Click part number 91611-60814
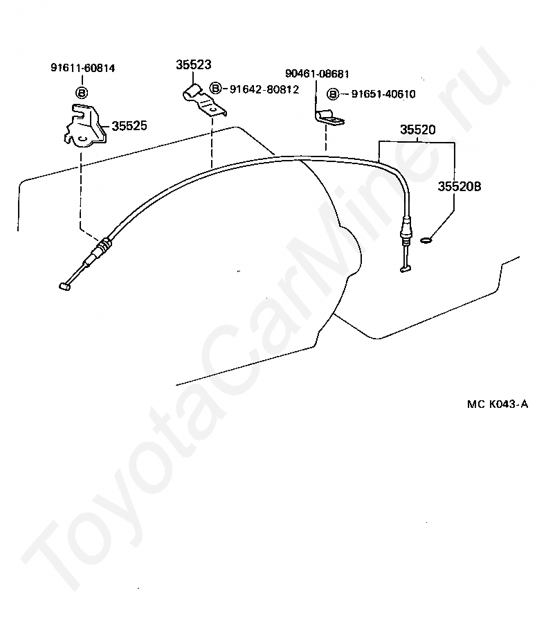[x=82, y=69]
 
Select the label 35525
[x=129, y=126]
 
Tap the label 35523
[x=193, y=64]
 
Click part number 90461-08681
[x=317, y=73]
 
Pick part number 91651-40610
[x=383, y=94]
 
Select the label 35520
[x=418, y=129]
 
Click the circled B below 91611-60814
[x=82, y=92]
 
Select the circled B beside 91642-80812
[x=215, y=89]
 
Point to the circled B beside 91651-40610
[x=333, y=94]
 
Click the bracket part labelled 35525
[x=82, y=125]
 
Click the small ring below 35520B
[x=426, y=241]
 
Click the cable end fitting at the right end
[x=405, y=266]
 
